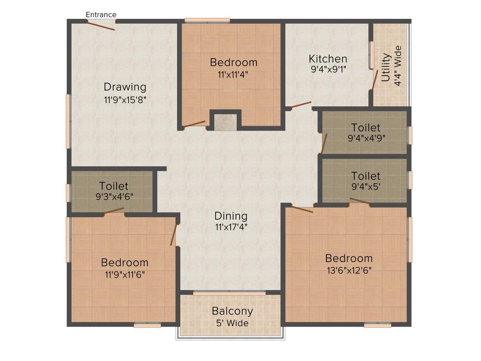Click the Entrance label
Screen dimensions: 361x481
click(x=101, y=15)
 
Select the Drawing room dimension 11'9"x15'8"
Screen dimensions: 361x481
click(x=125, y=99)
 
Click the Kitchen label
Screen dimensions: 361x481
click(x=328, y=59)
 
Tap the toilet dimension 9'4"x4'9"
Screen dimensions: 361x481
click(x=366, y=139)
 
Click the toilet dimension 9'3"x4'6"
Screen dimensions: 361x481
click(x=114, y=197)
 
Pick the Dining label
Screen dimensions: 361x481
click(x=231, y=216)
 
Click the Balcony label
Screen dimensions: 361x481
click(x=232, y=311)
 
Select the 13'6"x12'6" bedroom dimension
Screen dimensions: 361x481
click(x=349, y=271)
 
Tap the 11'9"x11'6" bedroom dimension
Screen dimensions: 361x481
click(x=124, y=275)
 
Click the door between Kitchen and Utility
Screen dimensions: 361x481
click(x=374, y=80)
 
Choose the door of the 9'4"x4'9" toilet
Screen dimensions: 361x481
click(x=324, y=143)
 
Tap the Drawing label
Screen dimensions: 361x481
click(x=125, y=87)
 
